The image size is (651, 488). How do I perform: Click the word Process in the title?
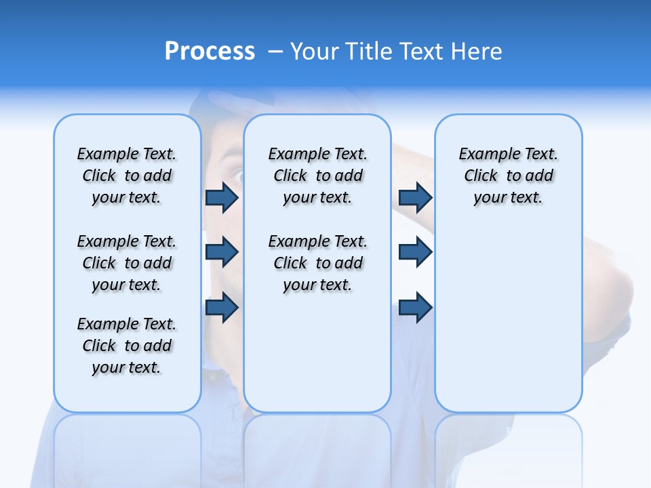(210, 52)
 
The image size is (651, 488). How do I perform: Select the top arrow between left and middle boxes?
(222, 197)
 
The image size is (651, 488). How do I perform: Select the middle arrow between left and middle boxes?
(222, 252)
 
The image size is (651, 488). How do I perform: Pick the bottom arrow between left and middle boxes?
(222, 307)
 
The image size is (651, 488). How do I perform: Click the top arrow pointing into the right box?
(415, 197)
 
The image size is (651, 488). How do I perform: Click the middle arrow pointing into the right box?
(415, 252)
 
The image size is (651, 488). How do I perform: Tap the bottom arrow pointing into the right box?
(415, 307)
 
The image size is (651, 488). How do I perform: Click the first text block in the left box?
(127, 176)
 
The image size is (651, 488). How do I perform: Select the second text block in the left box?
(127, 263)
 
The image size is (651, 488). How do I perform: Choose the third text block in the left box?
(127, 346)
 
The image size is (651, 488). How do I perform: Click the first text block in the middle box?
(317, 176)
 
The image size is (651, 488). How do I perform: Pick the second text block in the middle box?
(317, 263)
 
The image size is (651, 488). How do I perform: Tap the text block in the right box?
(508, 176)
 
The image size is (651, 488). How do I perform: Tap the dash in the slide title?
(276, 52)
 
